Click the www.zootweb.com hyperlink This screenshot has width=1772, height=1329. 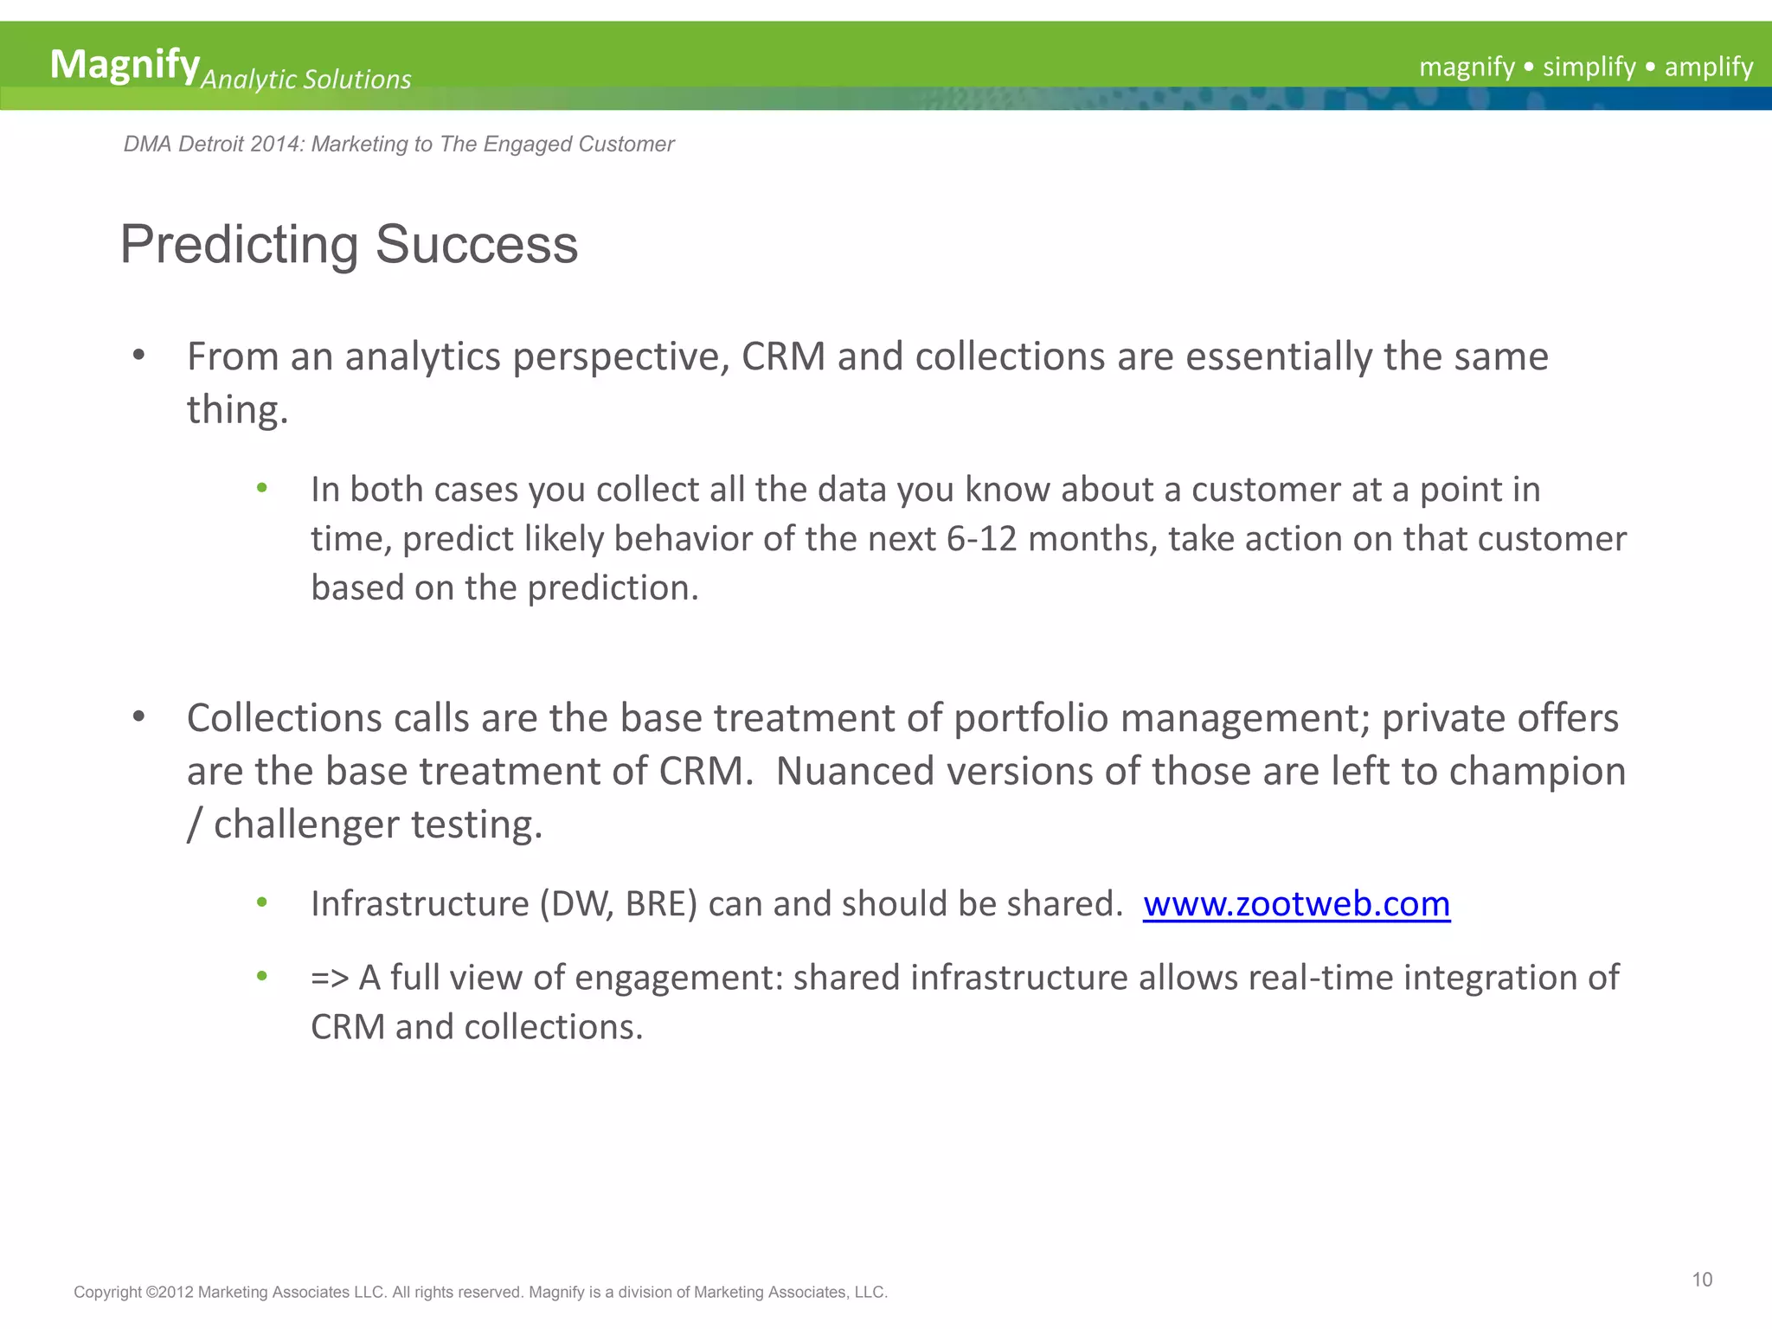1296,904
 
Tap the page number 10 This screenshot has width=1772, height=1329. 1702,1280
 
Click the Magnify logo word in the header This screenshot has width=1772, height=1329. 125,65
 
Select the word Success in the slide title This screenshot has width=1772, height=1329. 476,245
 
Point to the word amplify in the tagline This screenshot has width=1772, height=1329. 1708,67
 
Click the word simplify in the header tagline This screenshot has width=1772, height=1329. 1589,67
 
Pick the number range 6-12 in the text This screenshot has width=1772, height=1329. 981,539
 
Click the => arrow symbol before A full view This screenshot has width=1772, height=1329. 330,978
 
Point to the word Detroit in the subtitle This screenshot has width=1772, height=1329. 210,144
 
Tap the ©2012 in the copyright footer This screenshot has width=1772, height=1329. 169,1292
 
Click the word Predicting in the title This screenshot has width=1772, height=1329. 239,245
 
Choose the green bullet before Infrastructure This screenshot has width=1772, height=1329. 262,903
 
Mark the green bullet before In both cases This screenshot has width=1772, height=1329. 262,489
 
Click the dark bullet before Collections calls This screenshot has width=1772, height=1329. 138,717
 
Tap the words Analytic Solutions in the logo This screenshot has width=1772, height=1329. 305,80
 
